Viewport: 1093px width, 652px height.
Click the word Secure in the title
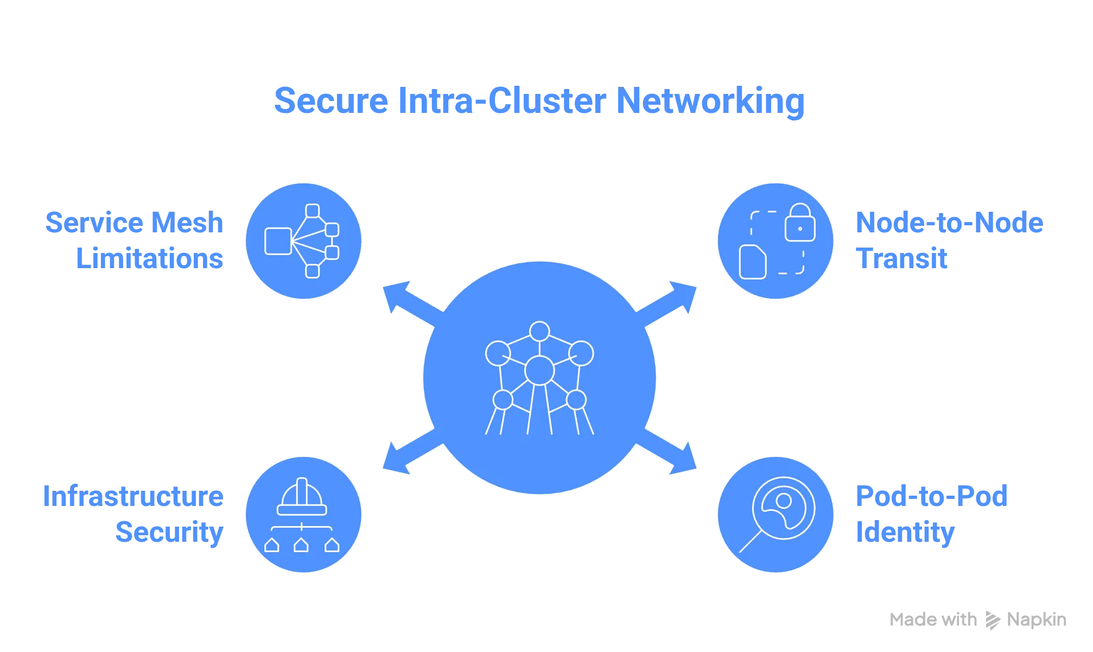(332, 100)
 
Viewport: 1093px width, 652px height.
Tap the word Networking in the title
(711, 102)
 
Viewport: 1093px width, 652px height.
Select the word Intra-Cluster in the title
(502, 100)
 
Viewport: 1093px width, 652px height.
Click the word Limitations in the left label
(150, 258)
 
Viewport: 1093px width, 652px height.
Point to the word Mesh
(188, 223)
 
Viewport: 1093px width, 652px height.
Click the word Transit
(903, 258)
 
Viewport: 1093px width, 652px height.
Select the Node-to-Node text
(949, 223)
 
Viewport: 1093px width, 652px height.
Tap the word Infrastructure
(134, 496)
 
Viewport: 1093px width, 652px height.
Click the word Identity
(905, 531)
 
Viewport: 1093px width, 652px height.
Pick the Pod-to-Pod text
(931, 496)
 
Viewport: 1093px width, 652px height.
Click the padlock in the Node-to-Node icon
(800, 224)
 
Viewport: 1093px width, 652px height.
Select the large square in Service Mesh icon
(278, 241)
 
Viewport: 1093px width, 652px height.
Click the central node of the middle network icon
(539, 370)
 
